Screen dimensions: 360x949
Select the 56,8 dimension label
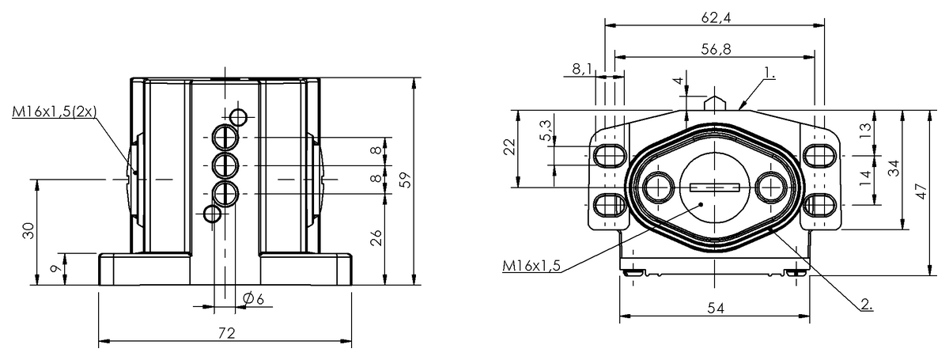pos(714,49)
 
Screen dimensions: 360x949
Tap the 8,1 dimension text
pos(581,70)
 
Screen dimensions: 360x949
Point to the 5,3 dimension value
pos(545,131)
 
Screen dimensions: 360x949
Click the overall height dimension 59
pos(406,180)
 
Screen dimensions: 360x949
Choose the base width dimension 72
pos(225,334)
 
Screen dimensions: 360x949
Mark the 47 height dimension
pos(921,192)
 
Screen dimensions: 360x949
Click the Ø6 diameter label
pos(253,298)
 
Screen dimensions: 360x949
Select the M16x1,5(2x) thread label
pos(54,113)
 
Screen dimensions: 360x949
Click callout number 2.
pos(866,303)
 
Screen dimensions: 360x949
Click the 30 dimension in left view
pos(28,231)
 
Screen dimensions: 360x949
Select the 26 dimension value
pos(376,237)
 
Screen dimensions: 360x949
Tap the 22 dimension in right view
pos(509,147)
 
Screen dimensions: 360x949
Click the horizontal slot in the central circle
pos(714,188)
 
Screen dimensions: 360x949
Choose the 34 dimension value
pos(894,168)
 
